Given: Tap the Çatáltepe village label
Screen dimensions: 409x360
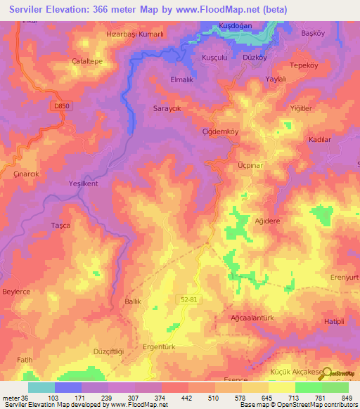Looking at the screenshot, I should point(88,61).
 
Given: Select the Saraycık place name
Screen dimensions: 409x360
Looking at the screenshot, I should point(168,109).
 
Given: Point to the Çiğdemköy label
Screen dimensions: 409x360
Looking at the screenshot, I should point(221,131).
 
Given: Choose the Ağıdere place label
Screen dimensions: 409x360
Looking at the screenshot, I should point(266,220).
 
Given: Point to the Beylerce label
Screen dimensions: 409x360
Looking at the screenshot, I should point(18,291).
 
